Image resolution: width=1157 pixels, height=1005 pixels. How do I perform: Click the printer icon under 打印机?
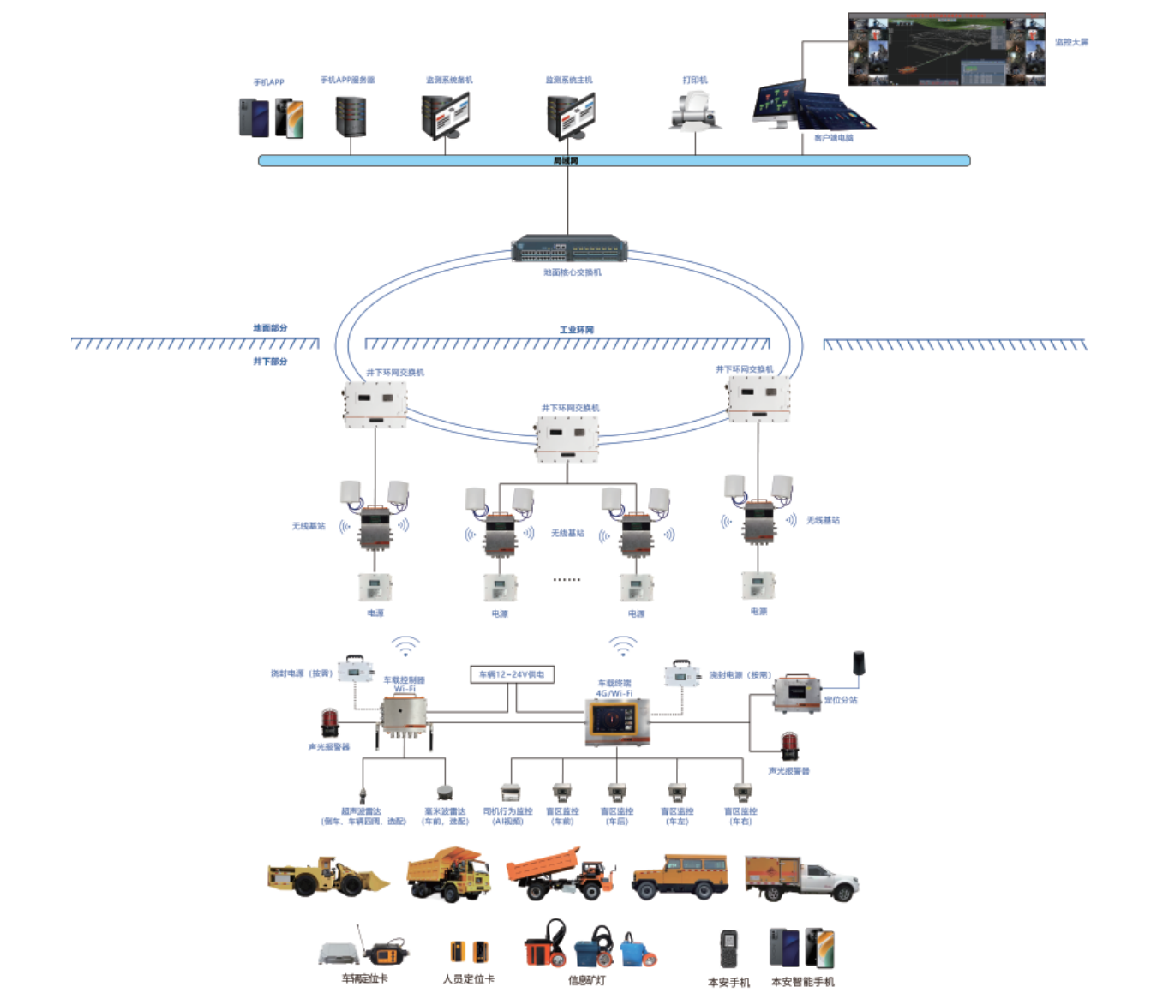coord(694,111)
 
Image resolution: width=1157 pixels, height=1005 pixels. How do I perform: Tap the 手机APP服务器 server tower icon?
coord(351,117)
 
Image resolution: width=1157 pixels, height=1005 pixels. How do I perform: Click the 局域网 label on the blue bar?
coord(566,160)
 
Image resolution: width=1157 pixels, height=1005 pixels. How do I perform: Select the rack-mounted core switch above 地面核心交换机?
coord(569,249)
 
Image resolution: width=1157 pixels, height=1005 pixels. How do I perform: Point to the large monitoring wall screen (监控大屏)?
coord(946,49)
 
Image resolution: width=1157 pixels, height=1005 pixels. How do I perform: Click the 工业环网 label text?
coord(576,330)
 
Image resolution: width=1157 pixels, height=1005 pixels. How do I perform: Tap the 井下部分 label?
coord(270,362)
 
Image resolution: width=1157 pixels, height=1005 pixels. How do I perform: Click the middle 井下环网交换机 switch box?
coord(567,439)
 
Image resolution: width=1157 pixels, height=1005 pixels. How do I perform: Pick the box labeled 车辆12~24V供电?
coord(513,674)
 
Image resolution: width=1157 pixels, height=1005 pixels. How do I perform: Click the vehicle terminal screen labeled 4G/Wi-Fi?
coord(617,721)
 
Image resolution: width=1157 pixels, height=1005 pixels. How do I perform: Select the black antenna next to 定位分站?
coord(858,663)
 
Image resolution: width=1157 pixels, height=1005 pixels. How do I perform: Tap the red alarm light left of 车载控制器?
coord(329,723)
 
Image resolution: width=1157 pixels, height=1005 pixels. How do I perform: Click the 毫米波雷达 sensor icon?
coord(444,793)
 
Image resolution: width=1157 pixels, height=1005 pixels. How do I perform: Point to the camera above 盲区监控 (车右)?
coord(741,793)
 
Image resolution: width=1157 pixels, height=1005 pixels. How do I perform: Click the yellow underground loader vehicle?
coord(327,876)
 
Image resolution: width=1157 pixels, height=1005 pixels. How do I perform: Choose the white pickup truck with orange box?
coord(801,877)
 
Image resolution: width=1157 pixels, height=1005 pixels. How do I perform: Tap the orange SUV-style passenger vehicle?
coord(680,876)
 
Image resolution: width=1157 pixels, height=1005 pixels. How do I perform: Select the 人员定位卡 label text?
coord(469,978)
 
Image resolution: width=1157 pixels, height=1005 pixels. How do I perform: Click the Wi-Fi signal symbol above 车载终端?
coord(623,645)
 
